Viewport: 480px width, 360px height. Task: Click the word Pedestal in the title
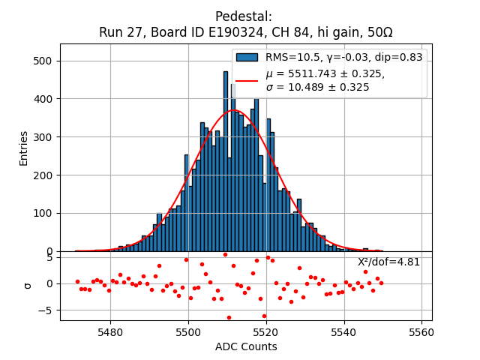pos(243,16)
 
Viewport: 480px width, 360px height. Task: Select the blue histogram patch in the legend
pos(247,57)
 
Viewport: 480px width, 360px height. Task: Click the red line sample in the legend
pos(247,80)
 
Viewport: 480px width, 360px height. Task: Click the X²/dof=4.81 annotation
pos(388,262)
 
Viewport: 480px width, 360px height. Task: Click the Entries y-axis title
pos(23,148)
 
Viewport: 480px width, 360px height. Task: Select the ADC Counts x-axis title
pos(246,346)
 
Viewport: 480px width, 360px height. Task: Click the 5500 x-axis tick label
pos(188,331)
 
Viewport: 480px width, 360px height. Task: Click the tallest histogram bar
pos(225,161)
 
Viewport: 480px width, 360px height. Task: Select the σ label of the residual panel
pos(28,285)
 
